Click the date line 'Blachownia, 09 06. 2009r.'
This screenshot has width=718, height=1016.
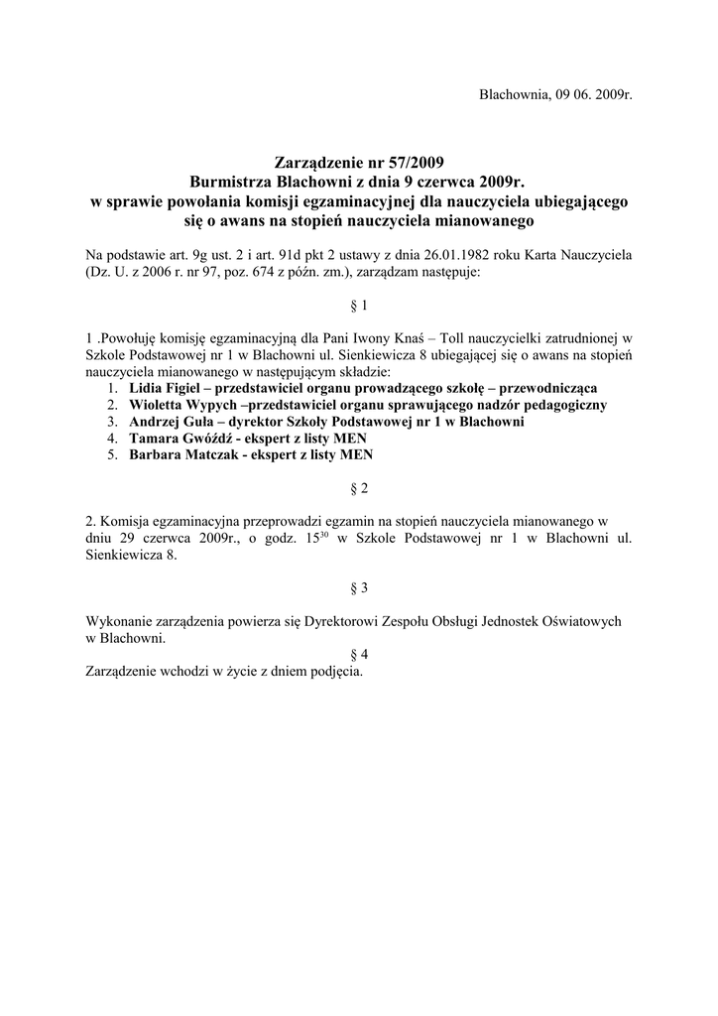pyautogui.click(x=555, y=95)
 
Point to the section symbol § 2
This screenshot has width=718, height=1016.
pyautogui.click(x=359, y=488)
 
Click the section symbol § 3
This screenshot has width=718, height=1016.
pyautogui.click(x=359, y=587)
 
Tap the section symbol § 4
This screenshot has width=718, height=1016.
pyautogui.click(x=359, y=655)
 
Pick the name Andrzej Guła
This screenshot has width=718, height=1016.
pyautogui.click(x=171, y=421)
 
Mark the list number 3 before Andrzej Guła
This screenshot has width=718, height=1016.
pyautogui.click(x=113, y=421)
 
